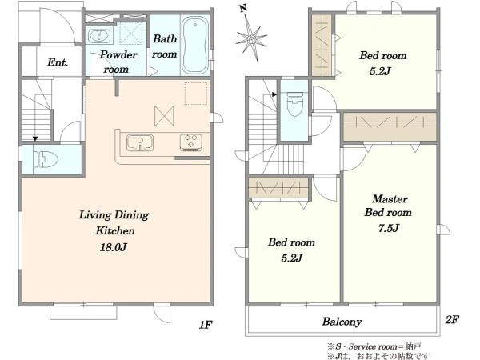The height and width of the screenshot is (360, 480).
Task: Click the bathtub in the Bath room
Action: coord(194,45)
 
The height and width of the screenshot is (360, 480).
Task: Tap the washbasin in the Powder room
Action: coord(99,36)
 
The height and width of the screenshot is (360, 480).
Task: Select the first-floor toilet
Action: coord(46,159)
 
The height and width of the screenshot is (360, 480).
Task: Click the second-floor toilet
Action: coord(294,104)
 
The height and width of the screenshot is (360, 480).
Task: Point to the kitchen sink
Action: coord(140,142)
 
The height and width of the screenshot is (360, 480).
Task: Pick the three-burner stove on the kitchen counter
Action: coord(190,142)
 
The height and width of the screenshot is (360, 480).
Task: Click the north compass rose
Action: coord(251,36)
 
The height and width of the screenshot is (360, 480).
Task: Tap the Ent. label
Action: coord(58,62)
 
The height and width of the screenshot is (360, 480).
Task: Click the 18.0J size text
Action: coord(114,247)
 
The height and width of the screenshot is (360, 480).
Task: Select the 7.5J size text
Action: coord(389,228)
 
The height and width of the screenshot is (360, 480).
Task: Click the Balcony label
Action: coord(342,322)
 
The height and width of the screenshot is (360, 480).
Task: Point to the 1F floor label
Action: coord(206,325)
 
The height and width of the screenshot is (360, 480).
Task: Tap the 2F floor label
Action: coord(452,319)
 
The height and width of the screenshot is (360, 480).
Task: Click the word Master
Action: coord(390,199)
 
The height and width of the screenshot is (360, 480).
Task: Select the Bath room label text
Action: coord(165,46)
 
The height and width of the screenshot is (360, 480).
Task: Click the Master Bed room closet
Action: coord(390,126)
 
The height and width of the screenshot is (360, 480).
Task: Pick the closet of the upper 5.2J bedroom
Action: coord(322,46)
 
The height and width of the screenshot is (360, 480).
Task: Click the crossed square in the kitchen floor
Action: coord(164,116)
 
